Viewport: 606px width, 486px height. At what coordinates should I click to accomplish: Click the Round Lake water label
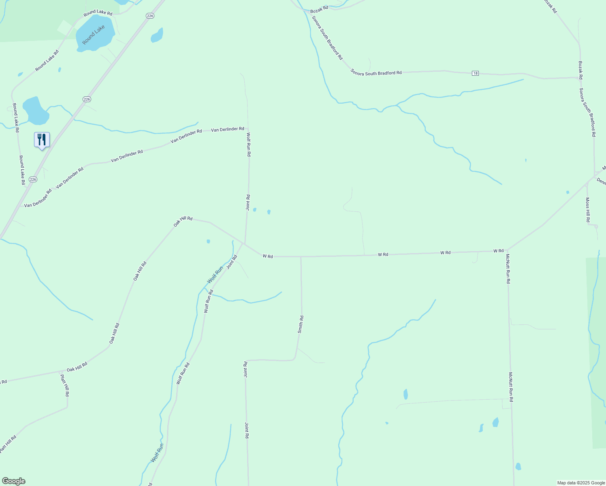tap(93, 35)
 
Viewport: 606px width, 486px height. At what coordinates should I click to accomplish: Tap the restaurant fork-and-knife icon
tap(42, 140)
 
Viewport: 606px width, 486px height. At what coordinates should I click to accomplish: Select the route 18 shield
tap(476, 73)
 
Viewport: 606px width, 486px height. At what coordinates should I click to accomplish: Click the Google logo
tap(14, 481)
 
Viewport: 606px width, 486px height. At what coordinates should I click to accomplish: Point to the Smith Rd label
tap(301, 324)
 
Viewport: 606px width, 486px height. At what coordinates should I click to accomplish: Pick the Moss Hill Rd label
tap(588, 210)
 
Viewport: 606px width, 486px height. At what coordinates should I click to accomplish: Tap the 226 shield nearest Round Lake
tap(150, 16)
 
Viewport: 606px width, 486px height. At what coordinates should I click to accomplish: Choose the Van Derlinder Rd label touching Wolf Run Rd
tap(228, 129)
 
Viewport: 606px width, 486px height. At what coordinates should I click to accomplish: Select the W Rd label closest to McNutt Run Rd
tap(498, 251)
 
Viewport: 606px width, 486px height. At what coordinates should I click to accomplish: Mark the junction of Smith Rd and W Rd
tap(301, 256)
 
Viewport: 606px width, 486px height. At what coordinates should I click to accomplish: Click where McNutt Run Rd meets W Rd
tap(507, 250)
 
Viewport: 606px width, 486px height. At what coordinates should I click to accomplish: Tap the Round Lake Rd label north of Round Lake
tap(98, 13)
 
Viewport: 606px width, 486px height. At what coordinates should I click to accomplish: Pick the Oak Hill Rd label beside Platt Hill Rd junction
tap(77, 367)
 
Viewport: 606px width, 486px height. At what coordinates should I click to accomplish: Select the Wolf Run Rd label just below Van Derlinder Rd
tap(249, 145)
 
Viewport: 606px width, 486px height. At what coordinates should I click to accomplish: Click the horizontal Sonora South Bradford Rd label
tap(376, 72)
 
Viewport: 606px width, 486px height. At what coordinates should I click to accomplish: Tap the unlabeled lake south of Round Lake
tap(36, 111)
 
